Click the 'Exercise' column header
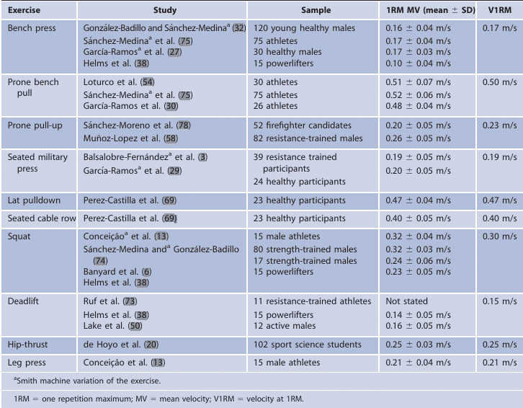tap(24, 11)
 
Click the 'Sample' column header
tap(315, 11)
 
